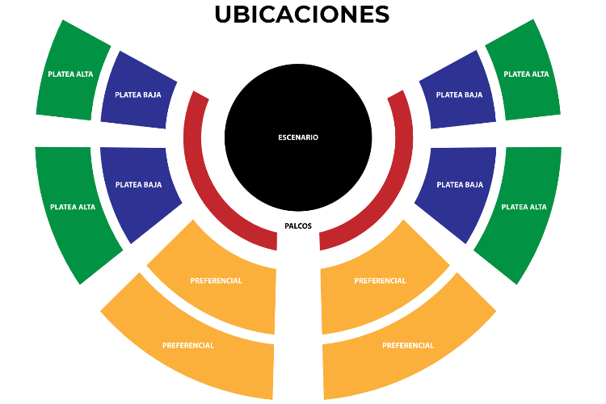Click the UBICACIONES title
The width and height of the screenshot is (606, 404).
[301, 15]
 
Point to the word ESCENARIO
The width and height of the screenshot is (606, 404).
[298, 137]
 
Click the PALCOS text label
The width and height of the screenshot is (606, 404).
[298, 226]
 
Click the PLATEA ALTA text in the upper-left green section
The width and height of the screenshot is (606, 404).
[70, 74]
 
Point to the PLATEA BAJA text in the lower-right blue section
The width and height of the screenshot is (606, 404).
[459, 185]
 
